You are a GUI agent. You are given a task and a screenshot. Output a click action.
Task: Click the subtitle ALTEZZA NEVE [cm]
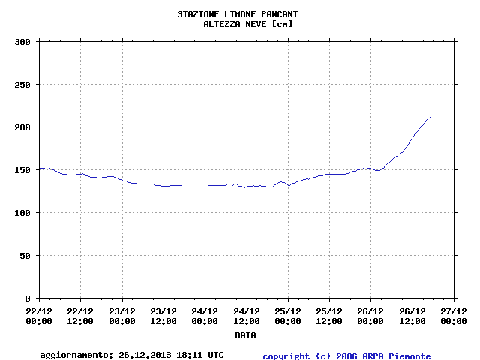point(248,24)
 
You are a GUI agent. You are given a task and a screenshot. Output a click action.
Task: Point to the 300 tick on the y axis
point(22,42)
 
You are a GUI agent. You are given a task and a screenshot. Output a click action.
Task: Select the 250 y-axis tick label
point(22,85)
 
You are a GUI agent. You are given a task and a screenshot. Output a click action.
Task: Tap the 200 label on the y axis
point(22,127)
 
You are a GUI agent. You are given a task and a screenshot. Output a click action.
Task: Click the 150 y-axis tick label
point(22,170)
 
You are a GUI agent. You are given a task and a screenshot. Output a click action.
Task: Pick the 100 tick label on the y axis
point(22,213)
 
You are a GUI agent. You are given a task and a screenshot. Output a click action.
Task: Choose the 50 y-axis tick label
point(25,256)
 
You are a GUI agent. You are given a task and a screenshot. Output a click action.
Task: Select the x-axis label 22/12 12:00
point(80,316)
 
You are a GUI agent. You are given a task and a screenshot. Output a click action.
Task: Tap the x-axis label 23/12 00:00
point(122,316)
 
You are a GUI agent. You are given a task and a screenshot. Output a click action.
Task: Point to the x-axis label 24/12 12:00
point(246,316)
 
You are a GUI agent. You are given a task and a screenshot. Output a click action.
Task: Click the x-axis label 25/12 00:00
point(288,316)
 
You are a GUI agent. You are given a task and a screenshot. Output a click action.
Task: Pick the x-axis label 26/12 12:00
point(412,316)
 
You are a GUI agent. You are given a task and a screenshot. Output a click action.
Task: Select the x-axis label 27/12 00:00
point(453,316)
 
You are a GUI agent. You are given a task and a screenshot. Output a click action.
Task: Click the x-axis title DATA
point(245,335)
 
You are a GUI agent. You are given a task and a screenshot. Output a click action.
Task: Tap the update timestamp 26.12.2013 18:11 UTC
point(171,355)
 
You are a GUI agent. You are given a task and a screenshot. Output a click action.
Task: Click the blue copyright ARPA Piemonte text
point(346,355)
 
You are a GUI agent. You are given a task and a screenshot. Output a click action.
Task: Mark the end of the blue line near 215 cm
point(431,115)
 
